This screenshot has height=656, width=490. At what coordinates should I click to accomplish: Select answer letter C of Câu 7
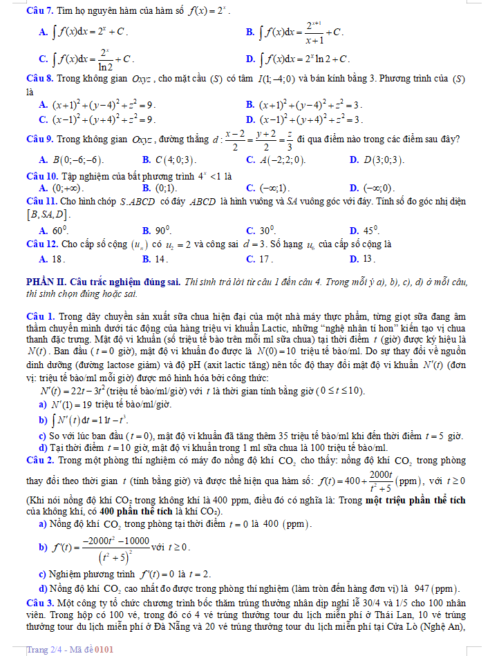pyautogui.click(x=43, y=58)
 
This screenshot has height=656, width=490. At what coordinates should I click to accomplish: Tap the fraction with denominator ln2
pyautogui.click(x=104, y=58)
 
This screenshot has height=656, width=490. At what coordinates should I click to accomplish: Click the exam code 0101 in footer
pyautogui.click(x=104, y=649)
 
